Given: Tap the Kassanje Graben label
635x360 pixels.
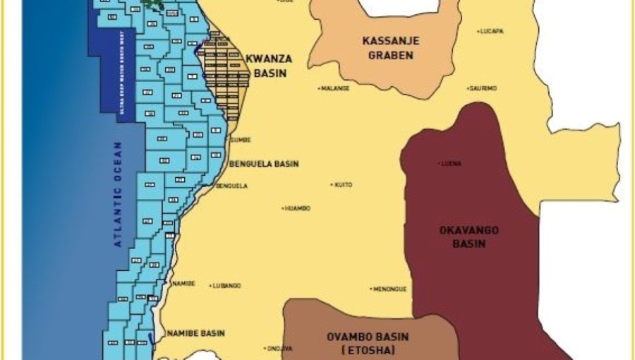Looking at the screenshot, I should click(x=390, y=48).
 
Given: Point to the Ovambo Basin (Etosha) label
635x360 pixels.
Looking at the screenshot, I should click(x=367, y=343).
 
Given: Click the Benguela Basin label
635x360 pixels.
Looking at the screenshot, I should click(x=264, y=164).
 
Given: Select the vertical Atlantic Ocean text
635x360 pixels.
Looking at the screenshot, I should click(x=119, y=194).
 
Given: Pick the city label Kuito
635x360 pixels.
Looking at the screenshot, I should click(x=342, y=185).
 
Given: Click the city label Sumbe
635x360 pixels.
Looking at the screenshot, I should click(x=241, y=140).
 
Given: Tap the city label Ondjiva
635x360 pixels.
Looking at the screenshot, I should click(x=275, y=349).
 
